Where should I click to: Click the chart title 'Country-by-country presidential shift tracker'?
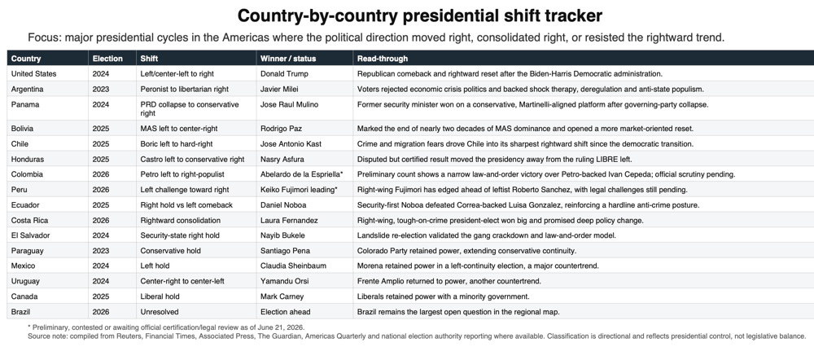tap(419, 15)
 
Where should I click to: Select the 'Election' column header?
tap(107, 59)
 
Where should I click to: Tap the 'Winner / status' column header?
tap(288, 59)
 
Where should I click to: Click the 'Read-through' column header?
tap(382, 59)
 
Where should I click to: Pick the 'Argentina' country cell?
tap(27, 90)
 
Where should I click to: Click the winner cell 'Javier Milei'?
tap(279, 90)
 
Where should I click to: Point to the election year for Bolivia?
tap(101, 129)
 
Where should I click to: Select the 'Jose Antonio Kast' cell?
tap(291, 144)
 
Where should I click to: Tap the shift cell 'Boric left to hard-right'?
tap(177, 144)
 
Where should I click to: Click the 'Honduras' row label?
tap(28, 160)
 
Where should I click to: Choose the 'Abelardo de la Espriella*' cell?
tap(302, 174)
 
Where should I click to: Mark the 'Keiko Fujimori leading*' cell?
tap(299, 190)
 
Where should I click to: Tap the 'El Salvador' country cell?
tap(31, 235)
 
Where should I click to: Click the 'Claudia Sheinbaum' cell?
tap(293, 266)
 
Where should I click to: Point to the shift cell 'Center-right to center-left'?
tap(182, 281)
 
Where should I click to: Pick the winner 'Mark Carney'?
tap(282, 296)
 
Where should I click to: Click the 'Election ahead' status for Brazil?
tap(285, 312)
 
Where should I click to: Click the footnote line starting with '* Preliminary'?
tap(166, 327)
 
